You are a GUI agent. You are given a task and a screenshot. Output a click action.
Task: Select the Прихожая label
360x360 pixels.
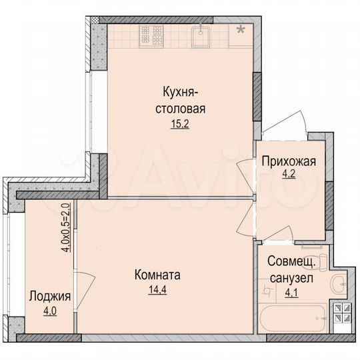tap(288, 162)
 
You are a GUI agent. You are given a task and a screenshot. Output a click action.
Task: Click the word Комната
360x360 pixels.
tap(158, 275)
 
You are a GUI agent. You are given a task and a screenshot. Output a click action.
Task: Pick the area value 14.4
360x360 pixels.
tap(158, 290)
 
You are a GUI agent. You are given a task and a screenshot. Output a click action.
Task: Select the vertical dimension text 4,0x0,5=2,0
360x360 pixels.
tap(66, 227)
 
